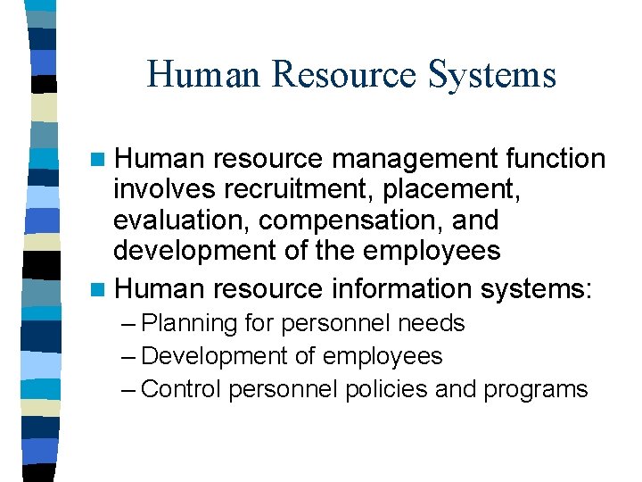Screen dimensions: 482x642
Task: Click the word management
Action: point(408,159)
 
